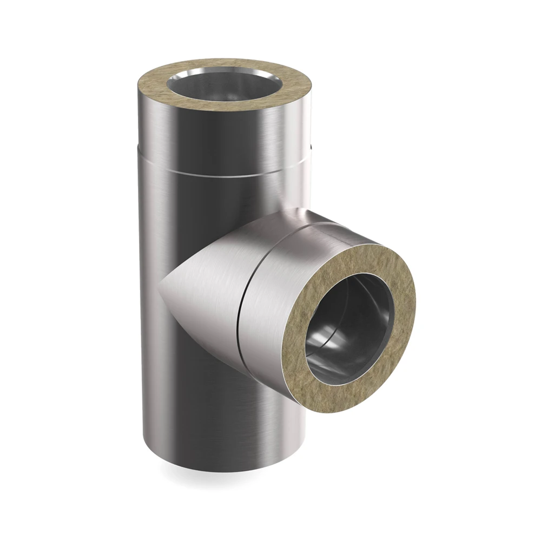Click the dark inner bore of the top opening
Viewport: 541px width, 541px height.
coord(225,92)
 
